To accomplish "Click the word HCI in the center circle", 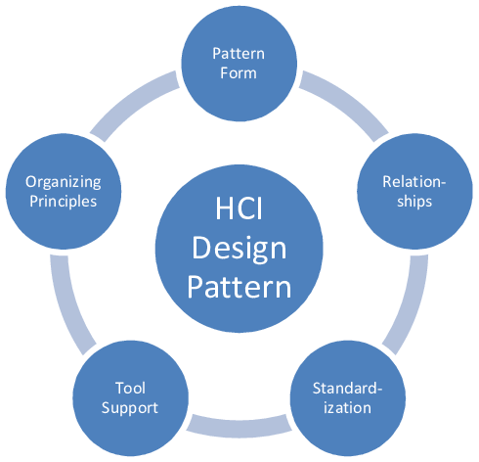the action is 239,208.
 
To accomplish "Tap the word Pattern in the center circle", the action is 239,287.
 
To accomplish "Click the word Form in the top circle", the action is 239,73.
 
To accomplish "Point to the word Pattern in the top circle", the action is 239,54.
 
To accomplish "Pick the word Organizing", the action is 64,183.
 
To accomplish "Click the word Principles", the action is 64,202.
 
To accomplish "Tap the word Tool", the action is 130,389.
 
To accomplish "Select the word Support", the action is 130,408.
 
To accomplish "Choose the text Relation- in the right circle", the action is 414,182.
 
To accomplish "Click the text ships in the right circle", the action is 414,202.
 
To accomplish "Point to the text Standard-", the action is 347,389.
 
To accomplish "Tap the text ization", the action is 347,408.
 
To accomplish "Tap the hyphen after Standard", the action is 378,390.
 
